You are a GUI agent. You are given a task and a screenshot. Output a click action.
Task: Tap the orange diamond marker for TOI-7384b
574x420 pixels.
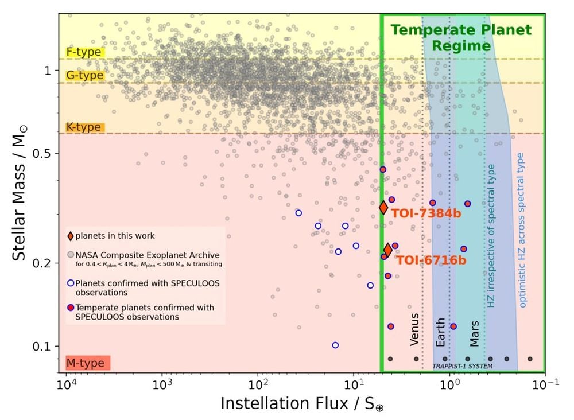tap(383, 207)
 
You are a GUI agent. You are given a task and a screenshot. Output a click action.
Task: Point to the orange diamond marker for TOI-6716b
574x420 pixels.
tap(388, 250)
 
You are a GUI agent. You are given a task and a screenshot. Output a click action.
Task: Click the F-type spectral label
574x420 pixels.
tap(84, 52)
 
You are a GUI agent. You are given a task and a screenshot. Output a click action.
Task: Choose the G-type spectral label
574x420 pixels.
tap(85, 76)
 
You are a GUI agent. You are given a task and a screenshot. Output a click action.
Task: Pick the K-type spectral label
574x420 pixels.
tap(84, 127)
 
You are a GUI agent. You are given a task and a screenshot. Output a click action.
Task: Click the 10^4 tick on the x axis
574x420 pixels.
tap(67, 383)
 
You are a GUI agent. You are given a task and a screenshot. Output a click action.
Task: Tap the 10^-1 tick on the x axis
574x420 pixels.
tap(544, 383)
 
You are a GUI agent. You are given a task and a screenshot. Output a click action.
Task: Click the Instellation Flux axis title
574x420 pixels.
tap(302, 403)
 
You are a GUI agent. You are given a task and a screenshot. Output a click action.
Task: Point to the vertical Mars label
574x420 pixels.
tap(475, 333)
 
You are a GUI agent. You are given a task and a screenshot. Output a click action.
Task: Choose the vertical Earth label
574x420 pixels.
tap(440, 332)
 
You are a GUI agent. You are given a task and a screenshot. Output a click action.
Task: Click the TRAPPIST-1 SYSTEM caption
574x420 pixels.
tap(463, 366)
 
